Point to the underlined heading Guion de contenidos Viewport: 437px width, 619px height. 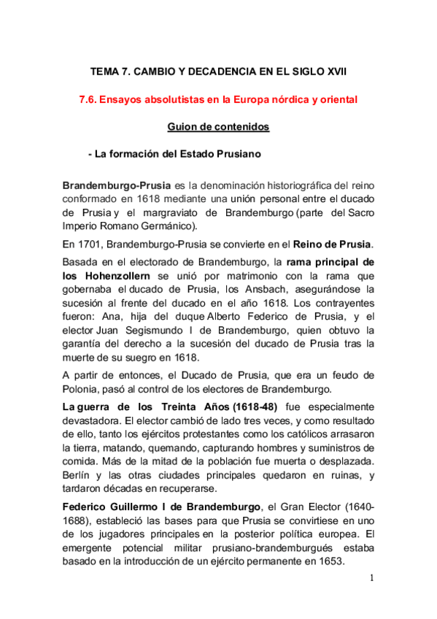(x=218, y=127)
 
